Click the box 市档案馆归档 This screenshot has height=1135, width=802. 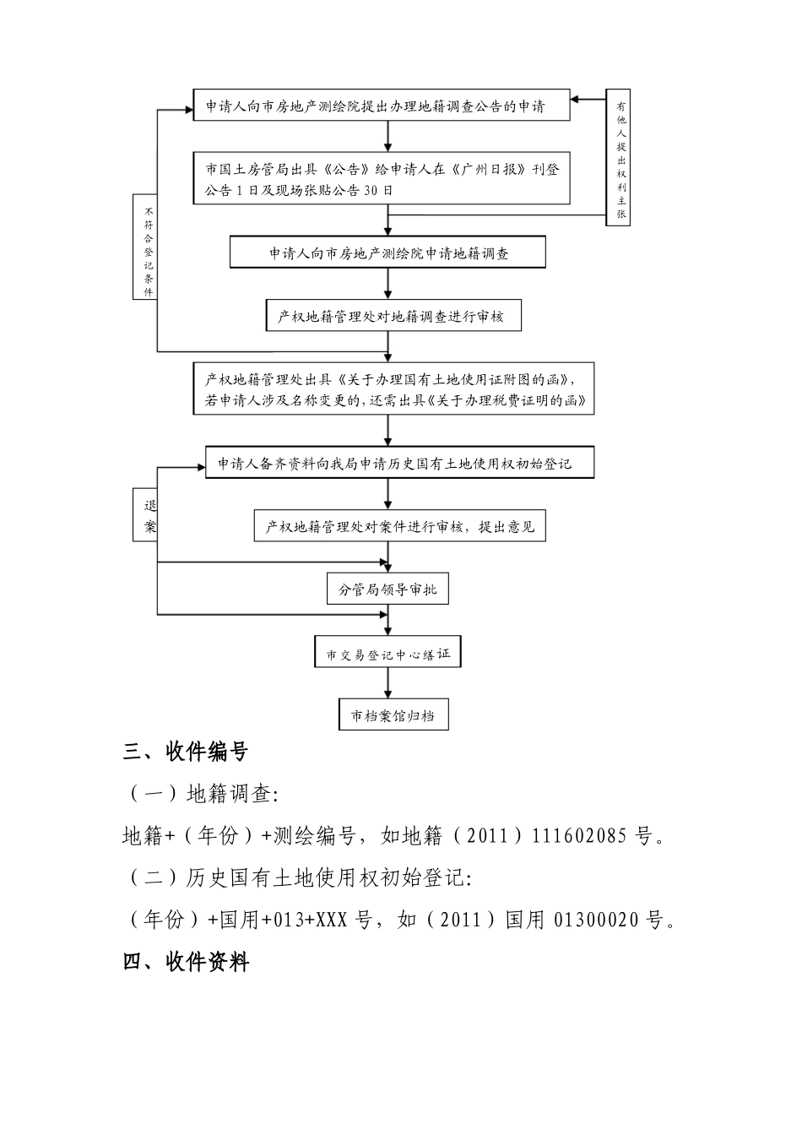tap(393, 715)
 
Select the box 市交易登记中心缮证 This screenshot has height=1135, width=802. tap(388, 654)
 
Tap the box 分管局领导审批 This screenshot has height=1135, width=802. tap(387, 589)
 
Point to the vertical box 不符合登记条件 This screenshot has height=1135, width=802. tap(148, 247)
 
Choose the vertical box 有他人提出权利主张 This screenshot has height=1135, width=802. tap(620, 157)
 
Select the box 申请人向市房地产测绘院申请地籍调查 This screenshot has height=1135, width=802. tap(387, 253)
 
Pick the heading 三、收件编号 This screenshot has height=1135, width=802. tap(186, 752)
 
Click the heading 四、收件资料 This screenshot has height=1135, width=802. tap(186, 962)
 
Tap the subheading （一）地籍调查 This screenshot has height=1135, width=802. tap(203, 794)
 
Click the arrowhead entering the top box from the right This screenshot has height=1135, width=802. tap(576, 100)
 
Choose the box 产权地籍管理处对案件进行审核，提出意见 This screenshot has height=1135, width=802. tap(400, 526)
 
